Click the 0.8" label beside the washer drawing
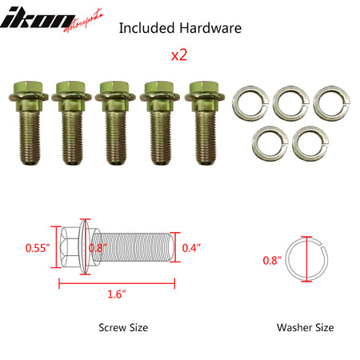coord(272,259)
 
